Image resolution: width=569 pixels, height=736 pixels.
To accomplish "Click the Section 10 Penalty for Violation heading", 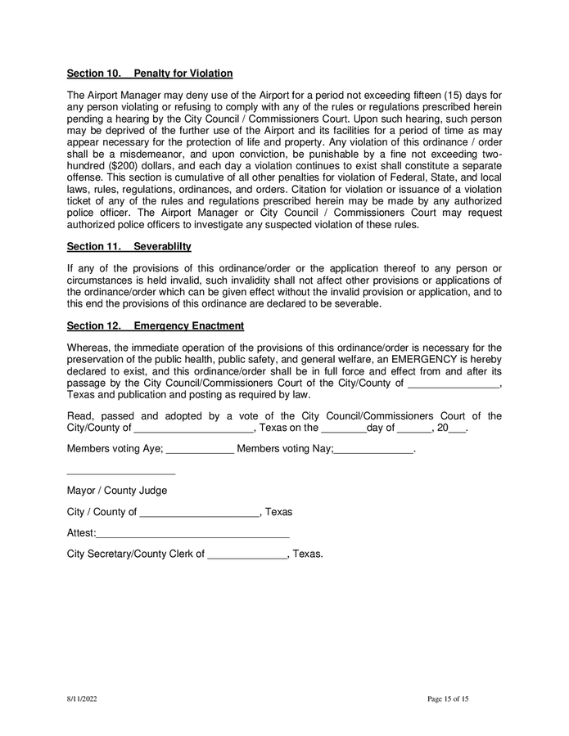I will (x=150, y=74).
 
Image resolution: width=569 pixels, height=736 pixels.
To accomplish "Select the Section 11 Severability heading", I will (x=129, y=246).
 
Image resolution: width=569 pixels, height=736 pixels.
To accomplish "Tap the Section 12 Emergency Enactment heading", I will (x=155, y=325).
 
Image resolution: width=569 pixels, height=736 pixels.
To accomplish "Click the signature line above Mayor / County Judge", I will (x=120, y=473).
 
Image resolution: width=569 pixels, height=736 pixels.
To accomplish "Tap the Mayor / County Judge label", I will (x=117, y=491).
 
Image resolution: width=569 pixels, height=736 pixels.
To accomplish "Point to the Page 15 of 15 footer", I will (x=448, y=698).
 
